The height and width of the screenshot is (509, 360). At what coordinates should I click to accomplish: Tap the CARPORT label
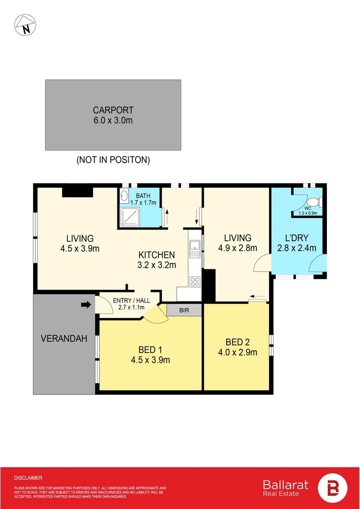[113, 111]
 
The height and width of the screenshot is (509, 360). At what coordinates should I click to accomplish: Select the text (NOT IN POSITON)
[113, 160]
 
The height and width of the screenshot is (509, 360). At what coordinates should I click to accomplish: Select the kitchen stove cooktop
[194, 282]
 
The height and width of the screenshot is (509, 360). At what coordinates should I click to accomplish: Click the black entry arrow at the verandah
[85, 305]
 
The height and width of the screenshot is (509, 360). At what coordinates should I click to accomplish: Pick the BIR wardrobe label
[184, 310]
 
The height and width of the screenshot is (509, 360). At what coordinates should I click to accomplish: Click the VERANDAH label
[64, 338]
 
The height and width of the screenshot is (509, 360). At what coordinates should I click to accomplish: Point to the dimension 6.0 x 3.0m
[113, 120]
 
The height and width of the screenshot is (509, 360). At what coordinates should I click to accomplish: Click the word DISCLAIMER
[28, 478]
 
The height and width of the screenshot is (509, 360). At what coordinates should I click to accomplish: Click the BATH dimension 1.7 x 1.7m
[147, 203]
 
